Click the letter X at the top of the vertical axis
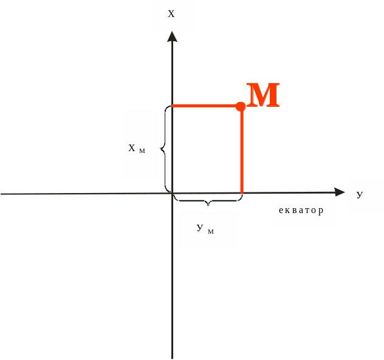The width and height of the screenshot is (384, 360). (x=171, y=13)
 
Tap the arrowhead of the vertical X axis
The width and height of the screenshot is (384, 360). (x=173, y=36)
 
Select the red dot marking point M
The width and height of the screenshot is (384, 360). (x=241, y=106)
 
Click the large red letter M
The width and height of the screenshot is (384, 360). (x=263, y=95)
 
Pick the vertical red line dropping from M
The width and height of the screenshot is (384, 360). (x=242, y=152)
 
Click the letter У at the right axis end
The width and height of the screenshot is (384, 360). (x=360, y=194)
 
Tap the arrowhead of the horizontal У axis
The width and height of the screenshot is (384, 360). (x=340, y=192)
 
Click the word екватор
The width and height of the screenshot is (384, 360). (x=301, y=211)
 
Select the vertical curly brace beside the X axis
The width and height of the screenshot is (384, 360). (x=164, y=148)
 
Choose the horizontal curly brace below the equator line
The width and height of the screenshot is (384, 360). (x=208, y=200)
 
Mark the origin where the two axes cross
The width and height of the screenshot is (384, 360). (x=173, y=194)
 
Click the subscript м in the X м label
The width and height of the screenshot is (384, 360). (x=142, y=151)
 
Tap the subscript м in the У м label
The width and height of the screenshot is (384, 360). (x=211, y=231)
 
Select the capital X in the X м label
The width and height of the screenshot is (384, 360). (x=132, y=148)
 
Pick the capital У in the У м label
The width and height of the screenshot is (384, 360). (x=200, y=228)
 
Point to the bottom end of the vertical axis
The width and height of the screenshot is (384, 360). (x=173, y=357)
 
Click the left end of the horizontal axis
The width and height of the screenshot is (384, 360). (x=2, y=194)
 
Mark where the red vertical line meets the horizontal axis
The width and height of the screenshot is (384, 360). (x=242, y=193)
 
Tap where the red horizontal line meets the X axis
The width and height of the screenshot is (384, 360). (x=173, y=106)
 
